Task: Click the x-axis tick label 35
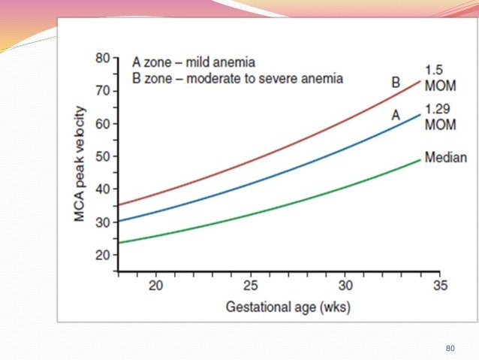click(x=438, y=286)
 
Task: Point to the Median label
click(x=445, y=158)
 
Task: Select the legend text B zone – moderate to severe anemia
click(x=237, y=77)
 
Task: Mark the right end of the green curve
click(x=420, y=160)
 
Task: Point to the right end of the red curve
click(x=420, y=80)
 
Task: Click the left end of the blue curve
click(x=120, y=221)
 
